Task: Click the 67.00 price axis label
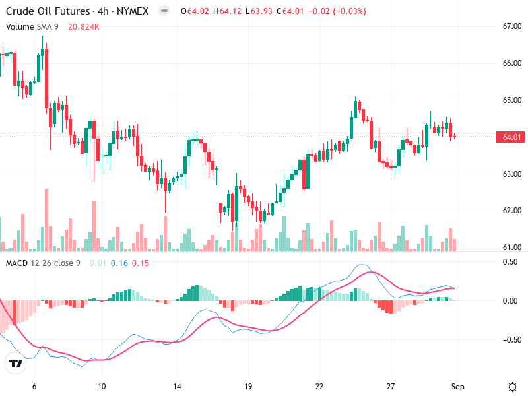pos(512,26)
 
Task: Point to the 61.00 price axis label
pos(512,247)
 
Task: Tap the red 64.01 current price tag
pos(512,137)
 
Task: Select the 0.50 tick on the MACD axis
pos(511,262)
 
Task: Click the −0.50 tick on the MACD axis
pos(510,340)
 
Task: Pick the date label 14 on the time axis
pos(177,386)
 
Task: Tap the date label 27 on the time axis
pos(391,386)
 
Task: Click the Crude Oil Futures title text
pos(49,11)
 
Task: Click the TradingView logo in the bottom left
pos(15,363)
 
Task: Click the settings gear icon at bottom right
pos(512,386)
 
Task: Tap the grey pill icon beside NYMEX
pos(164,11)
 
